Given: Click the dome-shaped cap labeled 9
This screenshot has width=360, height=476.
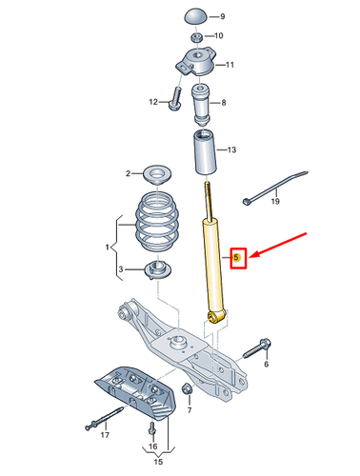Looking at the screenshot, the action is coord(196,16).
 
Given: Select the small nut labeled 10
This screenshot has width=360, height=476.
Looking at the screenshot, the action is coord(197,37).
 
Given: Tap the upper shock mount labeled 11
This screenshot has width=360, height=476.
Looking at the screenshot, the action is coord(195,62).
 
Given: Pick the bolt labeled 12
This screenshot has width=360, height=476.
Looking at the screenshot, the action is coord(175,99).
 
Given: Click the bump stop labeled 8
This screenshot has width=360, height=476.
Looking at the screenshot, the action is coord(201,105).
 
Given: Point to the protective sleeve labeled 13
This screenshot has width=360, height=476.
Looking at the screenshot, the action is coord(205,151).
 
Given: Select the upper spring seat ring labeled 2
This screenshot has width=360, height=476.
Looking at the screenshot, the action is coord(157,174).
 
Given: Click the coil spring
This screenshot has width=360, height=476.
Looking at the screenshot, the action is coord(156,222).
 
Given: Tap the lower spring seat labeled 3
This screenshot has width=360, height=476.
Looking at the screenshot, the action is coord(157,269).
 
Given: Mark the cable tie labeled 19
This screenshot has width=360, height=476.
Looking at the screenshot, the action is coord(274,187).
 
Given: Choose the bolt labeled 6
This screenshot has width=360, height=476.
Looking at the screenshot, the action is coord(257,348).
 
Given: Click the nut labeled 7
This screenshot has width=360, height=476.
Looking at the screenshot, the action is coord(187,388).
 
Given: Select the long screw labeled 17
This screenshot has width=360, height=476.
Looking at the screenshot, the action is coord(104,419).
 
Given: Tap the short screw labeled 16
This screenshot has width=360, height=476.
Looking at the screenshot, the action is coord(152,428).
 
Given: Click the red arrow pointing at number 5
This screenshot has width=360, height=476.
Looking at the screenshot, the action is coord(278,246).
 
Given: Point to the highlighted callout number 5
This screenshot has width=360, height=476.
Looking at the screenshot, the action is coord(236,257).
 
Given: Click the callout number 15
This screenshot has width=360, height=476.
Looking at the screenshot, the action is coord(158,462).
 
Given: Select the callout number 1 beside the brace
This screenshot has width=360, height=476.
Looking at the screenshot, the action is coord(108,247).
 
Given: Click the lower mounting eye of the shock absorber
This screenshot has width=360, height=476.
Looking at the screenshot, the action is coord(212,316).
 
